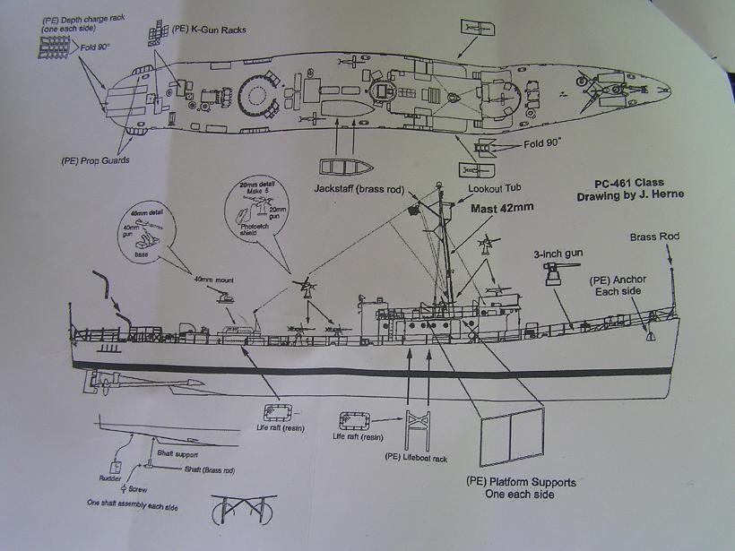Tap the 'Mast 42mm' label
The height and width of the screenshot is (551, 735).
[x=504, y=208]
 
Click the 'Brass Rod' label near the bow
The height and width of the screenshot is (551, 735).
[x=654, y=237]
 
